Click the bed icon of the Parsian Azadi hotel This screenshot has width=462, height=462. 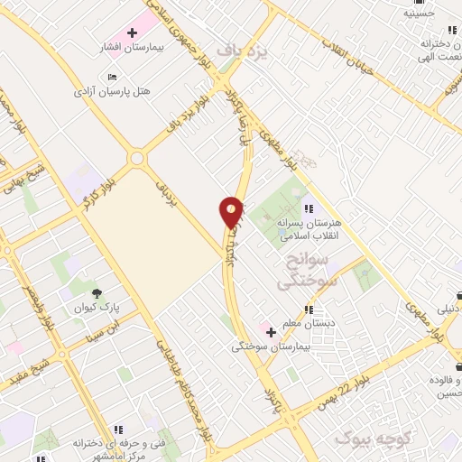tap(111, 79)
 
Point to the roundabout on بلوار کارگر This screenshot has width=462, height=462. tap(137, 160)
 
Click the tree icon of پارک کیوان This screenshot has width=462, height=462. tap(97, 291)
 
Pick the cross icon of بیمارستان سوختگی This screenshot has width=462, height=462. tap(270, 331)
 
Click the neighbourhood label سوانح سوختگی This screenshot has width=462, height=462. tap(309, 271)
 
